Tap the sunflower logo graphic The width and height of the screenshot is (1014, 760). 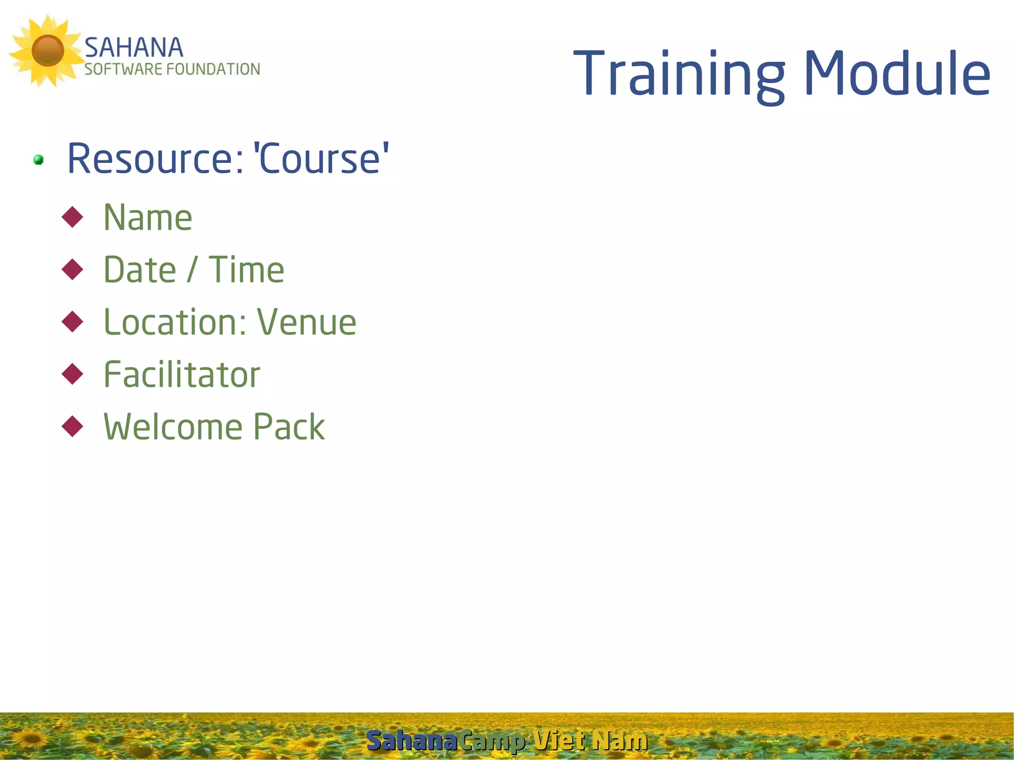pyautogui.click(x=47, y=51)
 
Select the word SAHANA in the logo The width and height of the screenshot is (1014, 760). pyautogui.click(x=134, y=48)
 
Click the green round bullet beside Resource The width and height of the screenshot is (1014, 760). pyautogui.click(x=39, y=160)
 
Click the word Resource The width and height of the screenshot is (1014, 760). pyautogui.click(x=155, y=159)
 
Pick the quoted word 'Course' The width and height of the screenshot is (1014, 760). pyautogui.click(x=321, y=159)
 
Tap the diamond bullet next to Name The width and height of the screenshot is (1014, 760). pyautogui.click(x=73, y=217)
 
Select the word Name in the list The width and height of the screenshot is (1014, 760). pyautogui.click(x=148, y=218)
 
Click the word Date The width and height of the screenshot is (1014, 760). pyautogui.click(x=140, y=270)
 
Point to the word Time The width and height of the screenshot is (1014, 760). pyautogui.click(x=246, y=270)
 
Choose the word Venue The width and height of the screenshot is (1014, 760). pyautogui.click(x=306, y=322)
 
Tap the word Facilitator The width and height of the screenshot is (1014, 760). pyautogui.click(x=182, y=375)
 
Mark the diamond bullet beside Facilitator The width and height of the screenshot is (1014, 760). pyautogui.click(x=73, y=374)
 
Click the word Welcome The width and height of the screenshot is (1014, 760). pyautogui.click(x=173, y=427)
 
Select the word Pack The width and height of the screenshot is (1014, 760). pyautogui.click(x=289, y=427)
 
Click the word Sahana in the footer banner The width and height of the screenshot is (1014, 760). pyautogui.click(x=411, y=741)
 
